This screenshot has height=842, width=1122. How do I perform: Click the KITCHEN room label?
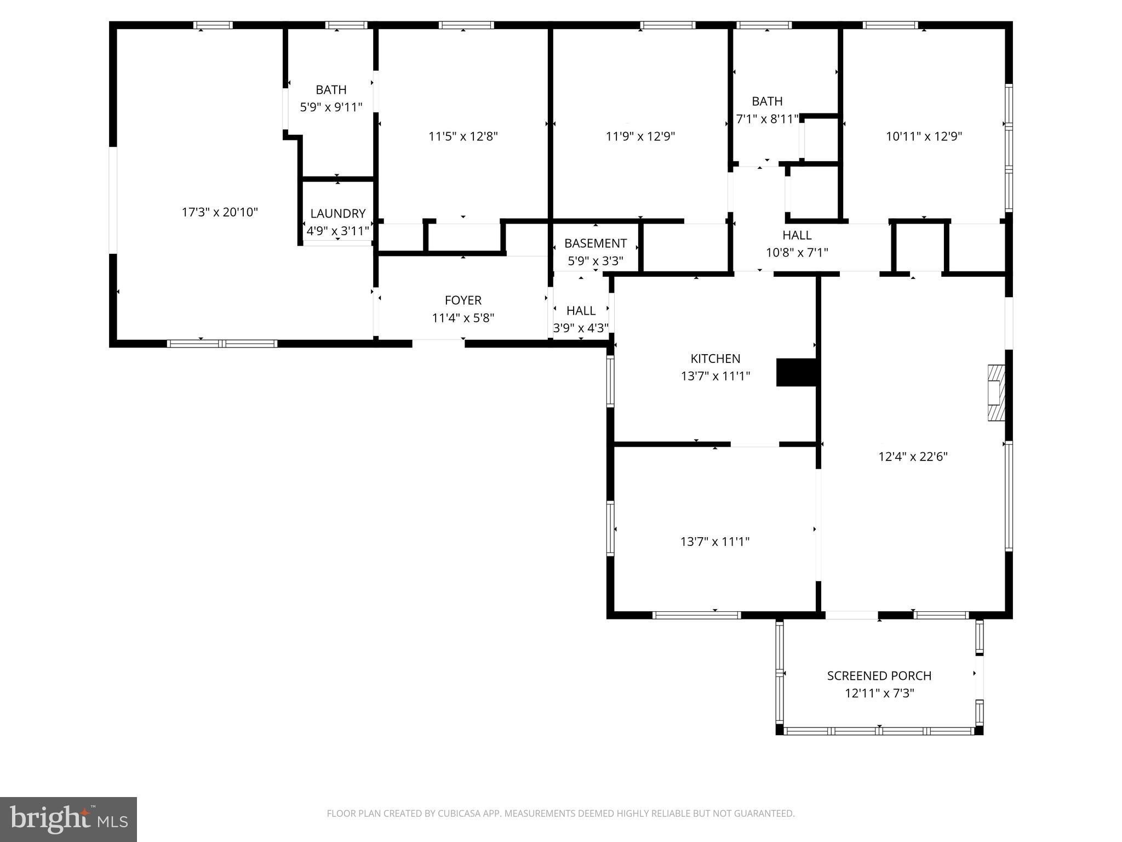point(715,359)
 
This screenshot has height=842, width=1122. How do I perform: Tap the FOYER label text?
point(463,300)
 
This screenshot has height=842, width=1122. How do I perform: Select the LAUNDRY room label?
point(337,214)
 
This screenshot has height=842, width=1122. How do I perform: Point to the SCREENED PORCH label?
point(879,676)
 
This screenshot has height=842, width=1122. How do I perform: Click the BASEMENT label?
point(595,243)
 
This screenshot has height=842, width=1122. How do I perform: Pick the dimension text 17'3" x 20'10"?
point(220,212)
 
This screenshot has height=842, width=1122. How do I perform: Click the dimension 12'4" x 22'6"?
point(913,457)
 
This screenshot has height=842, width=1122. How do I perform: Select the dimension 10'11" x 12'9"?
point(924,136)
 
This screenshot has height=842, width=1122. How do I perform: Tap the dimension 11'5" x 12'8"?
point(463,136)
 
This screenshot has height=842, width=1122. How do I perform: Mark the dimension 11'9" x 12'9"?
point(640,136)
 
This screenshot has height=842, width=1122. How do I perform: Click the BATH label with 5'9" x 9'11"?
point(331,90)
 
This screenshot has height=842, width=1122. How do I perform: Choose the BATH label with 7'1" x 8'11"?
point(767,101)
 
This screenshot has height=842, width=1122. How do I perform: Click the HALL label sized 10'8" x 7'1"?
point(797,235)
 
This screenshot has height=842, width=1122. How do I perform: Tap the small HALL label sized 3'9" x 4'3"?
point(581,311)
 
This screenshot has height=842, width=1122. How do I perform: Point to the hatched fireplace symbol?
point(996,393)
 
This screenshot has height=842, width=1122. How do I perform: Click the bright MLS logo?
point(68,820)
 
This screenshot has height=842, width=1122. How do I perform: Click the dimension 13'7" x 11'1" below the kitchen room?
point(715,542)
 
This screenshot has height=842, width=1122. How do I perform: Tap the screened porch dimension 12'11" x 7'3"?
point(879,693)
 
